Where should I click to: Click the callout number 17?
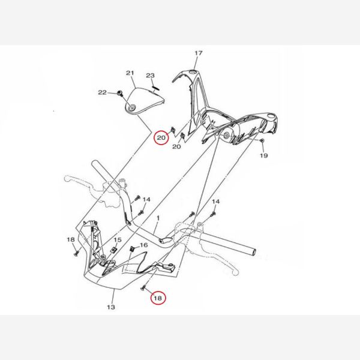tap(199, 53)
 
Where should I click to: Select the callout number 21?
tap(130, 73)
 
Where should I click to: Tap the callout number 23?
tap(151, 76)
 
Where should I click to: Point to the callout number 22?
tap(103, 92)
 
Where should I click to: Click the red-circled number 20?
tap(161, 138)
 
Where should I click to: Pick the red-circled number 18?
tap(158, 298)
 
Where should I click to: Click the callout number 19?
tap(264, 155)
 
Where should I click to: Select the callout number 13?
tap(111, 307)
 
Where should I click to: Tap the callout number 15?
tap(118, 240)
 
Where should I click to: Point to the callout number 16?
tap(144, 245)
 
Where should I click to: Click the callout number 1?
tap(158, 218)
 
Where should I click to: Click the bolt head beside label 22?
tap(119, 93)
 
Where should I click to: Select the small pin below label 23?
tap(156, 87)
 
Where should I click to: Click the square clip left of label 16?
tap(132, 248)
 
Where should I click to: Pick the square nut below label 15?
tap(113, 250)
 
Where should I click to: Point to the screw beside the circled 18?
tap(143, 287)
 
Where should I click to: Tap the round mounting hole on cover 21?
tap(132, 108)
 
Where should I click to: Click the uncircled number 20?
tap(176, 146)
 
